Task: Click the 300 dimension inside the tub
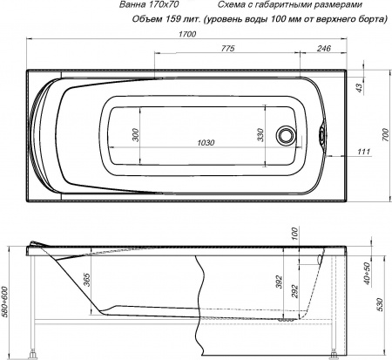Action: pyautogui.click(x=136, y=134)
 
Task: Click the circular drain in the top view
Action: pyautogui.click(x=285, y=136)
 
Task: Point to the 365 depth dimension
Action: pyautogui.click(x=88, y=280)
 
